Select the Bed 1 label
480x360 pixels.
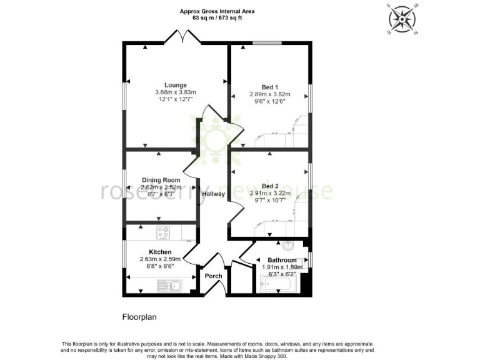tap(270, 87)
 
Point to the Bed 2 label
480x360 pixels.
tap(270, 186)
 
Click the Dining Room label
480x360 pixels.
tap(161, 180)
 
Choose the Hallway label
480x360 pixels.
tap(213, 194)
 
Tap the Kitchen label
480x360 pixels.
tap(160, 252)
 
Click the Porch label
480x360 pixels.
tap(213, 276)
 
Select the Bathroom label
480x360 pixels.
tap(282, 260)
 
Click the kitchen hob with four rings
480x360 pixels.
tap(163, 233)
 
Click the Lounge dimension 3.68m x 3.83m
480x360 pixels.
tap(176, 92)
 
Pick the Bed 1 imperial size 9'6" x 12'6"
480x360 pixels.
tap(270, 102)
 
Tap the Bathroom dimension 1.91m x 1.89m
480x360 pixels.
tap(281, 267)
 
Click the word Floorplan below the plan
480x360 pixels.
tap(139, 317)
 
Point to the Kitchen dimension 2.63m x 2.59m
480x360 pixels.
tap(160, 259)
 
